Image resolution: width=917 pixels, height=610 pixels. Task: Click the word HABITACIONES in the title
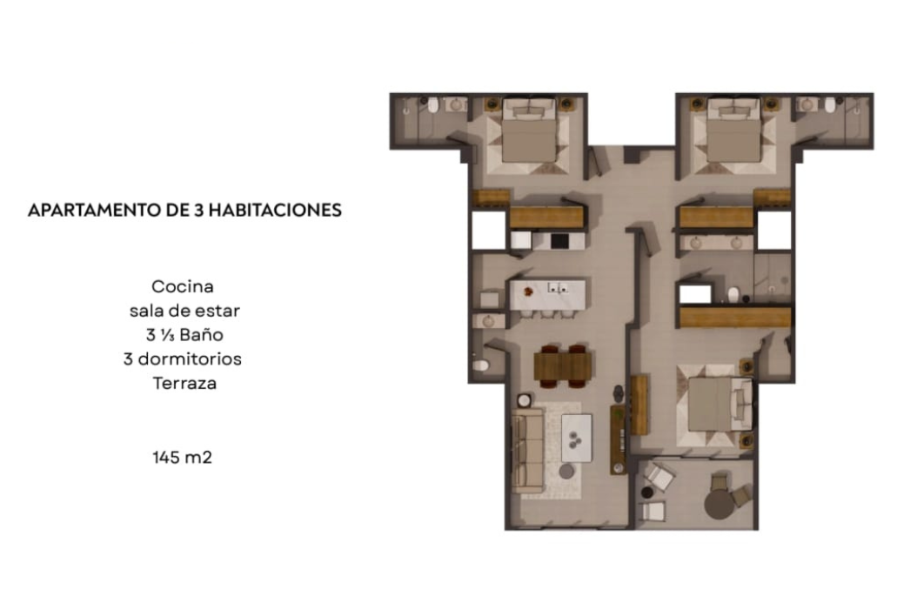[x=275, y=210]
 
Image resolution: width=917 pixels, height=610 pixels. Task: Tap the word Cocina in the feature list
[x=183, y=286]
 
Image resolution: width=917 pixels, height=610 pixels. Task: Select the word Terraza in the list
[x=184, y=383]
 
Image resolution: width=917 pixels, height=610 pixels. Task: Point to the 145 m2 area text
[x=183, y=458]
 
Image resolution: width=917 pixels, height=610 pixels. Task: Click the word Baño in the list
[x=202, y=334]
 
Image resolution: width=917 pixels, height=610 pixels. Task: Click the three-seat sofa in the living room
[x=527, y=450]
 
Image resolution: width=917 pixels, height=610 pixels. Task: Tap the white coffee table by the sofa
[x=577, y=438]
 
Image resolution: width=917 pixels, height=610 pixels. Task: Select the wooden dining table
[x=563, y=366]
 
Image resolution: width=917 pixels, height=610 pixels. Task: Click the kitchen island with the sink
[x=547, y=295]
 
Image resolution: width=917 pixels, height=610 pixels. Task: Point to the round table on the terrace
[x=720, y=504]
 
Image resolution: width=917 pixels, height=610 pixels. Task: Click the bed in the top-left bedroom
[x=529, y=131]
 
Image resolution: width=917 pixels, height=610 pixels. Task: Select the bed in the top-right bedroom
[x=734, y=131]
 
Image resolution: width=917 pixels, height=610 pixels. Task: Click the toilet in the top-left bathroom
[x=432, y=105]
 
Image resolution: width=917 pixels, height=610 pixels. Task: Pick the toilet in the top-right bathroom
[x=830, y=105]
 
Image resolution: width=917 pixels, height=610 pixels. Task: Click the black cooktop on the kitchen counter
[x=559, y=241]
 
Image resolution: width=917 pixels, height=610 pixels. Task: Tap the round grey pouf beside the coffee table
[x=566, y=471]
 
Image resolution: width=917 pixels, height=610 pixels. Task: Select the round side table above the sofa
[x=524, y=400]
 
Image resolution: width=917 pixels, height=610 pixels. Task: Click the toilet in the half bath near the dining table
[x=481, y=365]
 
